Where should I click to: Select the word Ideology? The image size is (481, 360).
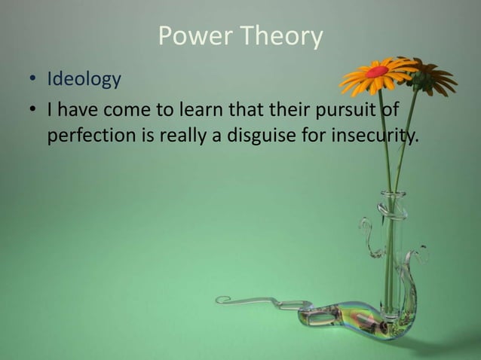[x=84, y=79]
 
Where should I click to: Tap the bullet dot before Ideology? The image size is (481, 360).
[x=32, y=79]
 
